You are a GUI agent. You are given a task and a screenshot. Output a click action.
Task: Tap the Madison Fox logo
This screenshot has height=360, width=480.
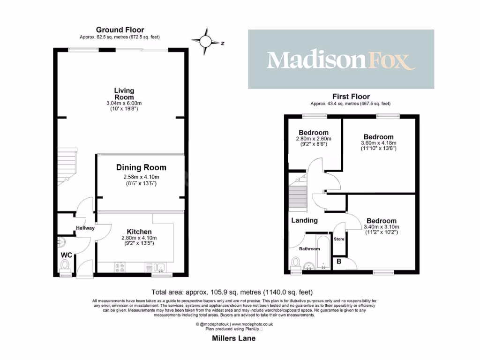[341, 60]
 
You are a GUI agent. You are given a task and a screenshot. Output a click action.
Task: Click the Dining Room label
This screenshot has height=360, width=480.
[141, 167]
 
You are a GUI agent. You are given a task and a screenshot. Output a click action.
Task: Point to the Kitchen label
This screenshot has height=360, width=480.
[139, 232]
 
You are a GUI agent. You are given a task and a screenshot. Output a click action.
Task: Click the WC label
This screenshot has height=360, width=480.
[67, 255]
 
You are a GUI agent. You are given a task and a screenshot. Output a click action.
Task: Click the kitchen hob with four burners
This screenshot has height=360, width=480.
[119, 268]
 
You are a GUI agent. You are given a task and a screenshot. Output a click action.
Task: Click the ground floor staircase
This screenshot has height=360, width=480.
[66, 164]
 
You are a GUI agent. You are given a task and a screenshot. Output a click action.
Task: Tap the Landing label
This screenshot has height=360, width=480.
[304, 220]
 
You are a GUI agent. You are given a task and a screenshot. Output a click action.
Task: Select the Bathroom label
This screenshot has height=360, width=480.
[309, 248]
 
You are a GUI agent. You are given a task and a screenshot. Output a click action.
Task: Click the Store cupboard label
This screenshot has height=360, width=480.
[338, 239]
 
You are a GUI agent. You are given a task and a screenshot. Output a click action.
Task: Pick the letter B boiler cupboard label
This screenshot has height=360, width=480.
[338, 262]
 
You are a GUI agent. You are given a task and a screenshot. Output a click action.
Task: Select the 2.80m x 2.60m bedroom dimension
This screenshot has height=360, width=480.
[313, 139]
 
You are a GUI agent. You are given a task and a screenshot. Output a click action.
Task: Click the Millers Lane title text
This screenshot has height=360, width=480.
[232, 338]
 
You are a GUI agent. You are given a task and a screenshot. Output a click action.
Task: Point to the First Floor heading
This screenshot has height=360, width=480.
[350, 97]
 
